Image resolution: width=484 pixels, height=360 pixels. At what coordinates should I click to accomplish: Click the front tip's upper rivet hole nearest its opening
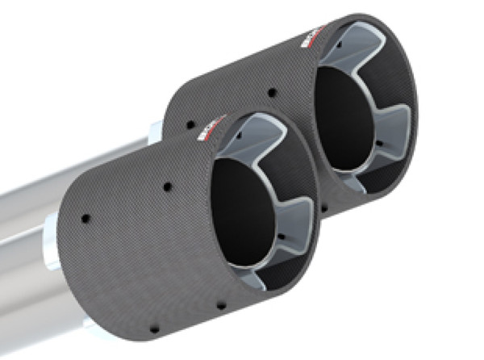pos(167,186)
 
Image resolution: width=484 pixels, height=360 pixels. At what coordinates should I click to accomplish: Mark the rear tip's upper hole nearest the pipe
pos(192,125)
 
